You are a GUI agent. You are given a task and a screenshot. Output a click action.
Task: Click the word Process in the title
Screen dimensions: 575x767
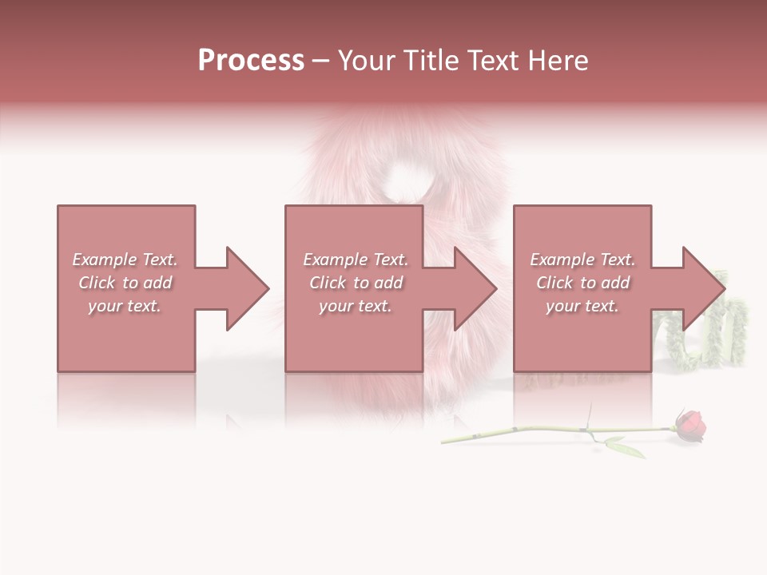(x=251, y=61)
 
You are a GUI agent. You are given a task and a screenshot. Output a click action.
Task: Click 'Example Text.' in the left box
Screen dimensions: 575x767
(x=125, y=260)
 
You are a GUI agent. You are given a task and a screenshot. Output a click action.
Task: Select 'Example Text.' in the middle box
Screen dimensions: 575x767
(x=356, y=260)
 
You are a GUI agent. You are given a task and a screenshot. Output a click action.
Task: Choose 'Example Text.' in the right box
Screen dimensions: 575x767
(x=582, y=260)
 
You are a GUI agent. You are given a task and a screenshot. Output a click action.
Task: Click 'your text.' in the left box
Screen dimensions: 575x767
(x=125, y=306)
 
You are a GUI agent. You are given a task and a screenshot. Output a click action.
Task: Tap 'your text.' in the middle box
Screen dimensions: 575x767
(x=356, y=306)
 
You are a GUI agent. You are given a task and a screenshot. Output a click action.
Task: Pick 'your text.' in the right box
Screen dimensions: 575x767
(x=582, y=306)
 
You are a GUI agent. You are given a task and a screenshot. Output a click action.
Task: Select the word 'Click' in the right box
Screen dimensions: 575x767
(x=554, y=283)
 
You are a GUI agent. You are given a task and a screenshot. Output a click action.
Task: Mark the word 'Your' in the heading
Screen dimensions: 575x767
(x=366, y=61)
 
